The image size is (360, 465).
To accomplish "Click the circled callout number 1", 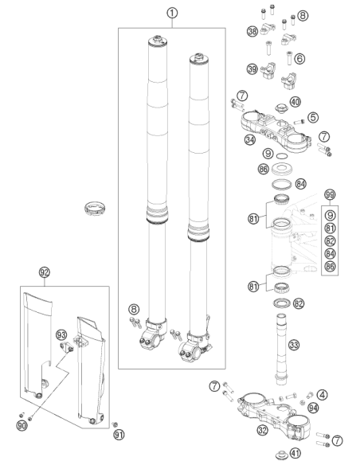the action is (x=172, y=14).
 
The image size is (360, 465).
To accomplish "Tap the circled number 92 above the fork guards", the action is (x=44, y=272).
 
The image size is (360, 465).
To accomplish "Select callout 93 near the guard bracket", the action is (x=61, y=335).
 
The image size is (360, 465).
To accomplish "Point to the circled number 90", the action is (x=22, y=426).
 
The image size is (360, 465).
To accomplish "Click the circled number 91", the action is (x=119, y=435).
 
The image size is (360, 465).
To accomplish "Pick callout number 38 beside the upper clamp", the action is (x=252, y=31).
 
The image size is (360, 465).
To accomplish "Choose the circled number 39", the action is (x=252, y=69).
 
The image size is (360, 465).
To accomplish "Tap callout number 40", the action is (x=295, y=102).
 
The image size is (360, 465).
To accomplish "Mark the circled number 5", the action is (x=313, y=117).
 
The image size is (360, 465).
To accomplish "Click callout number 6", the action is (x=299, y=58).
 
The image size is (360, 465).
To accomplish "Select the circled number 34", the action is (x=250, y=139).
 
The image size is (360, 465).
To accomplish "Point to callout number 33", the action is (x=294, y=345).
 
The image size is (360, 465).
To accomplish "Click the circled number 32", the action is (x=263, y=430).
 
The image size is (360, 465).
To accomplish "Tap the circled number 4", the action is (x=322, y=395).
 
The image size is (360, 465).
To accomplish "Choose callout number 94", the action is (x=313, y=408).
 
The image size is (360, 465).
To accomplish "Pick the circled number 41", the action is (x=295, y=453).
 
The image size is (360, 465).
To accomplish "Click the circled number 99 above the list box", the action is (x=330, y=194).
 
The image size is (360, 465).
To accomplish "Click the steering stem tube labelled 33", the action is (x=281, y=349).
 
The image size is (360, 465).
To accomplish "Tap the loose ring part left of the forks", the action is (x=96, y=209).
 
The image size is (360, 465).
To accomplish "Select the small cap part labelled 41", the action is (x=281, y=454).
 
